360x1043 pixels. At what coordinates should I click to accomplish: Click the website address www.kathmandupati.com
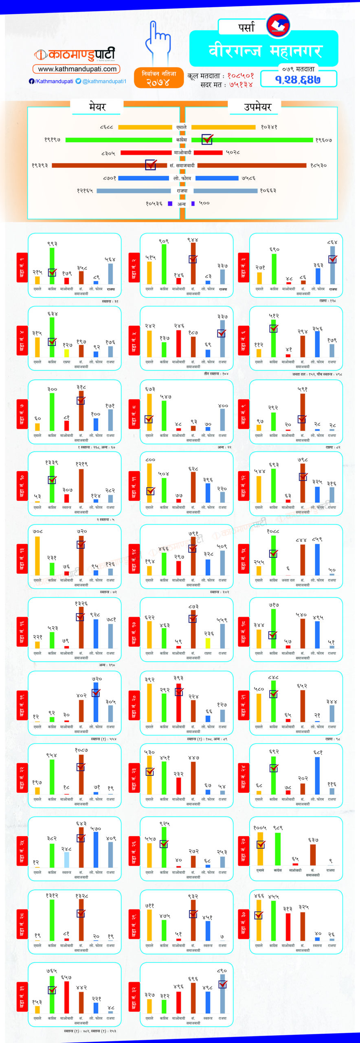click(77, 69)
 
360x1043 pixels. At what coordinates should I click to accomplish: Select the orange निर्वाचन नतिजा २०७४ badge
click(158, 77)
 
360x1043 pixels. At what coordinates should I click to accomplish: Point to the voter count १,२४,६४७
click(298, 79)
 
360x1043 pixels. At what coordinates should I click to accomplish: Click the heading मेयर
click(97, 107)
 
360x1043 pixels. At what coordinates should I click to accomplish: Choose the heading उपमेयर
click(257, 107)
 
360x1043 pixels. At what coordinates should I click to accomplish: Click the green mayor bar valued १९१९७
click(119, 140)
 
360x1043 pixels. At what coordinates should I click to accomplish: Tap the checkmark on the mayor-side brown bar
click(151, 165)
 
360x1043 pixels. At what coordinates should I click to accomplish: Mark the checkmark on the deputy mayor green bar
click(207, 139)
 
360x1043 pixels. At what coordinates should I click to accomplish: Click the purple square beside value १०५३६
click(170, 203)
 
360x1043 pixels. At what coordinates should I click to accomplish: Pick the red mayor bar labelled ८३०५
click(146, 153)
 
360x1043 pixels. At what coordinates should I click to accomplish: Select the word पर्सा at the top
click(246, 27)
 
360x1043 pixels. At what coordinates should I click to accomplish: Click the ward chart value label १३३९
click(52, 462)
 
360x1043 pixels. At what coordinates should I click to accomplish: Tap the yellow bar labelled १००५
click(260, 849)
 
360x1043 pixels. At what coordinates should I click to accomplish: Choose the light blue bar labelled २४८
click(66, 860)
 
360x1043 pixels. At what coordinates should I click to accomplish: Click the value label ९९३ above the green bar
click(52, 244)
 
